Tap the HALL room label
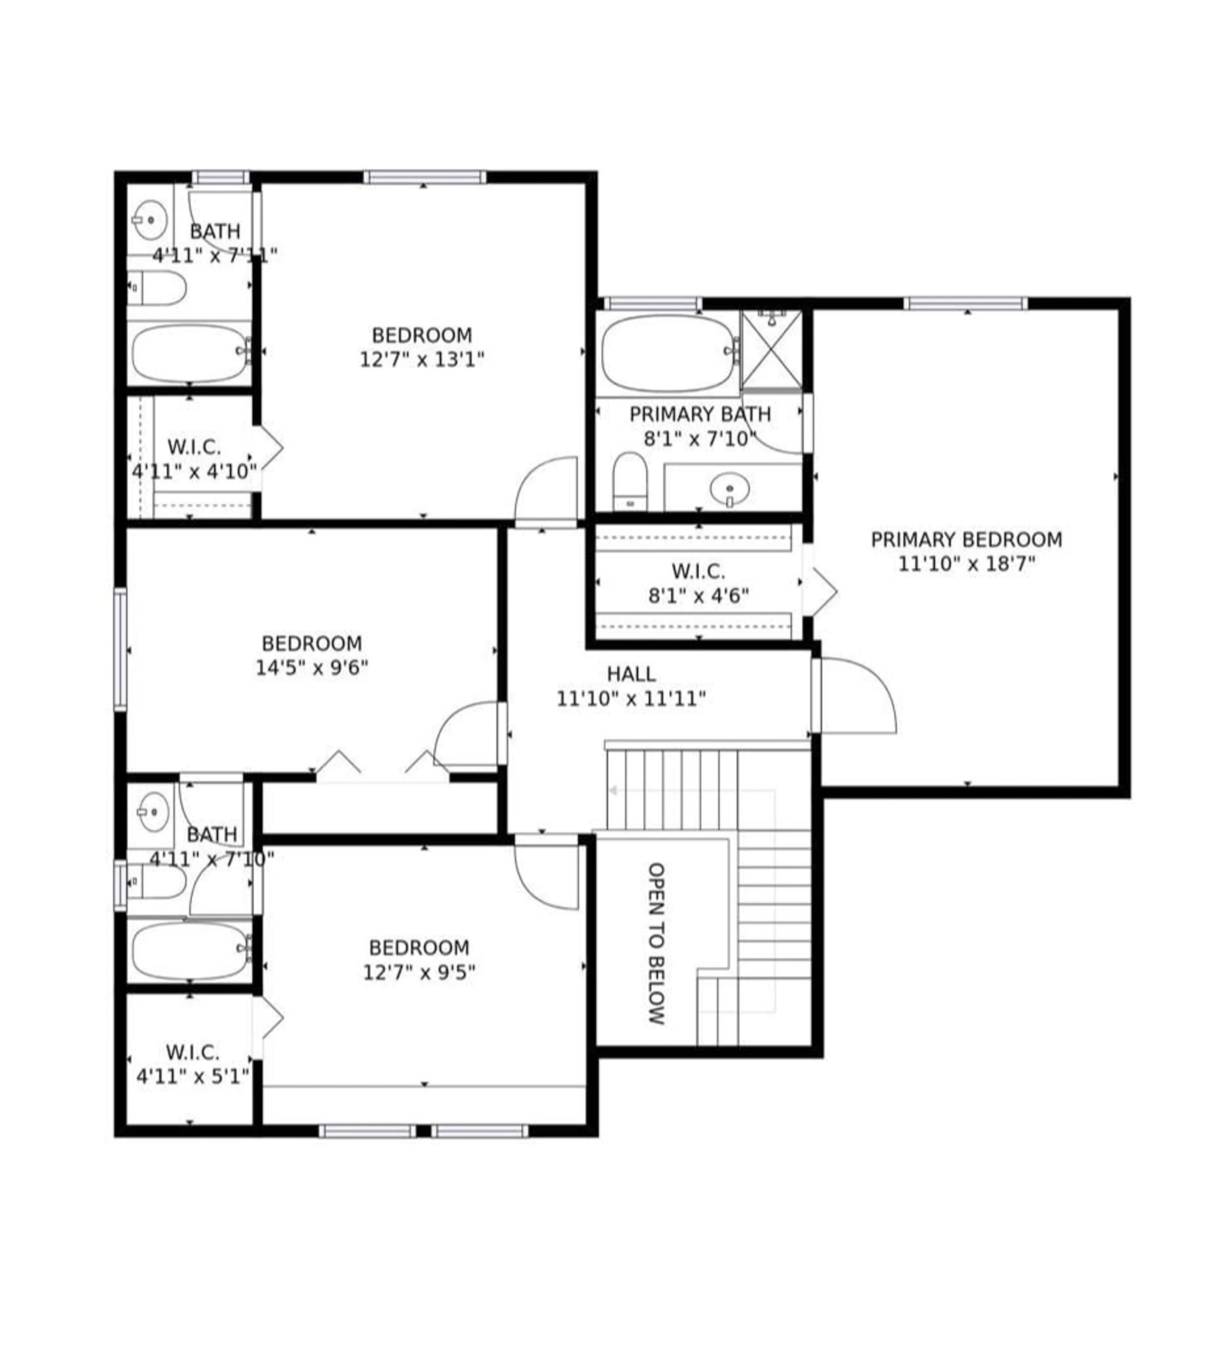[x=631, y=674]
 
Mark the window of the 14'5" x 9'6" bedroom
[x=120, y=649]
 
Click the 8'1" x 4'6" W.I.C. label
[x=698, y=572]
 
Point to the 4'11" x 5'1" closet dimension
[x=193, y=1077]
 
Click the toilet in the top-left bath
[x=157, y=288]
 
